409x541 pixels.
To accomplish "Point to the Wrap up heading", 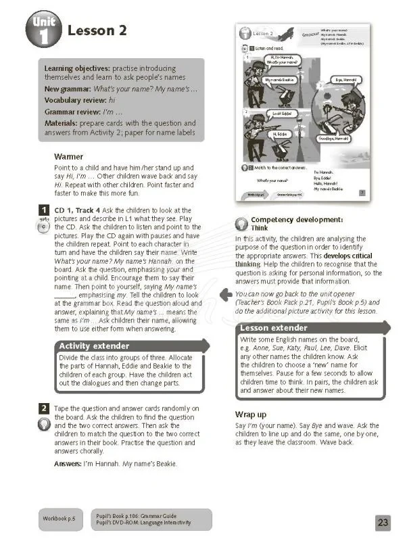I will pyautogui.click(x=251, y=413).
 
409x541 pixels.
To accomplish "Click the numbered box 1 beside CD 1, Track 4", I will pyautogui.click(x=43, y=211).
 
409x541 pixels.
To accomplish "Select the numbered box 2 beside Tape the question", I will pyautogui.click(x=43, y=408).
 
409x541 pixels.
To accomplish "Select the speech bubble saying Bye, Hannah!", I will pyautogui.click(x=342, y=80).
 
